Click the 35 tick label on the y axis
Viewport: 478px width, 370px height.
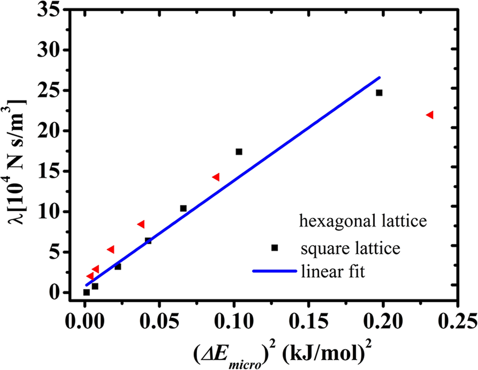coord(53,10)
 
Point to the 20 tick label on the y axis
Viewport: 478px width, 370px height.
coord(53,131)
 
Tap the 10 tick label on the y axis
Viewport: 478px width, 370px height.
coord(53,212)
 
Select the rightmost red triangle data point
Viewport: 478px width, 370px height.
coord(430,115)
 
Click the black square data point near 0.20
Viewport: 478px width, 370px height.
coord(379,93)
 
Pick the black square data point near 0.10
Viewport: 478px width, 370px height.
coord(239,152)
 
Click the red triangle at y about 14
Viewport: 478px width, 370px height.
coord(216,177)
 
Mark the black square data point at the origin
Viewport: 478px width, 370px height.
coord(86,292)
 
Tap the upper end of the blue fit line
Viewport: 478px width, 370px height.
coord(379,77)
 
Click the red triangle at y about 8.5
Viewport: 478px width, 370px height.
coord(141,224)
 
